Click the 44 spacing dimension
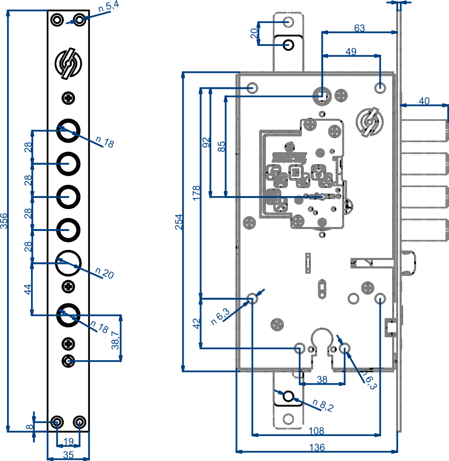click(x=28, y=289)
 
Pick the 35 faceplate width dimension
click(x=68, y=454)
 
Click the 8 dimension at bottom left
click(x=29, y=427)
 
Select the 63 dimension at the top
click(x=359, y=28)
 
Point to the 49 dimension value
click(x=351, y=51)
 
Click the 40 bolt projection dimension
click(x=424, y=101)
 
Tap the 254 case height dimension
click(x=178, y=222)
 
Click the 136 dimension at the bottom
click(x=317, y=446)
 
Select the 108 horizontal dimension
click(x=316, y=430)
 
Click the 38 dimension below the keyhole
click(x=322, y=379)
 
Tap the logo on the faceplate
click(x=68, y=63)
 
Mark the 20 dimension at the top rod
click(x=254, y=33)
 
